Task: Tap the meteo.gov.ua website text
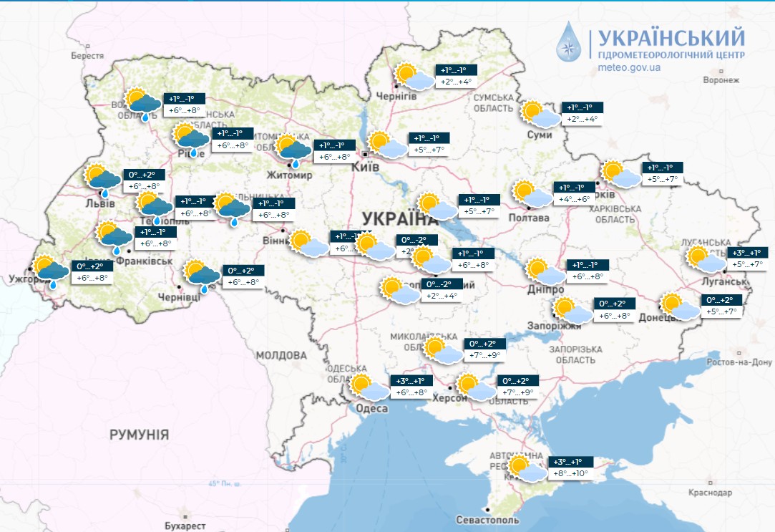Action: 628,67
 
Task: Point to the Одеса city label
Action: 371,408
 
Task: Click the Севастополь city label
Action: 486,521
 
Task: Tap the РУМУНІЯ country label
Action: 139,434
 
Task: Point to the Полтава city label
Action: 528,217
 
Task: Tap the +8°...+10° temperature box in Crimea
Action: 570,468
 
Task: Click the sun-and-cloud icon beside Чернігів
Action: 415,76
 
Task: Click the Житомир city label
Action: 289,175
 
